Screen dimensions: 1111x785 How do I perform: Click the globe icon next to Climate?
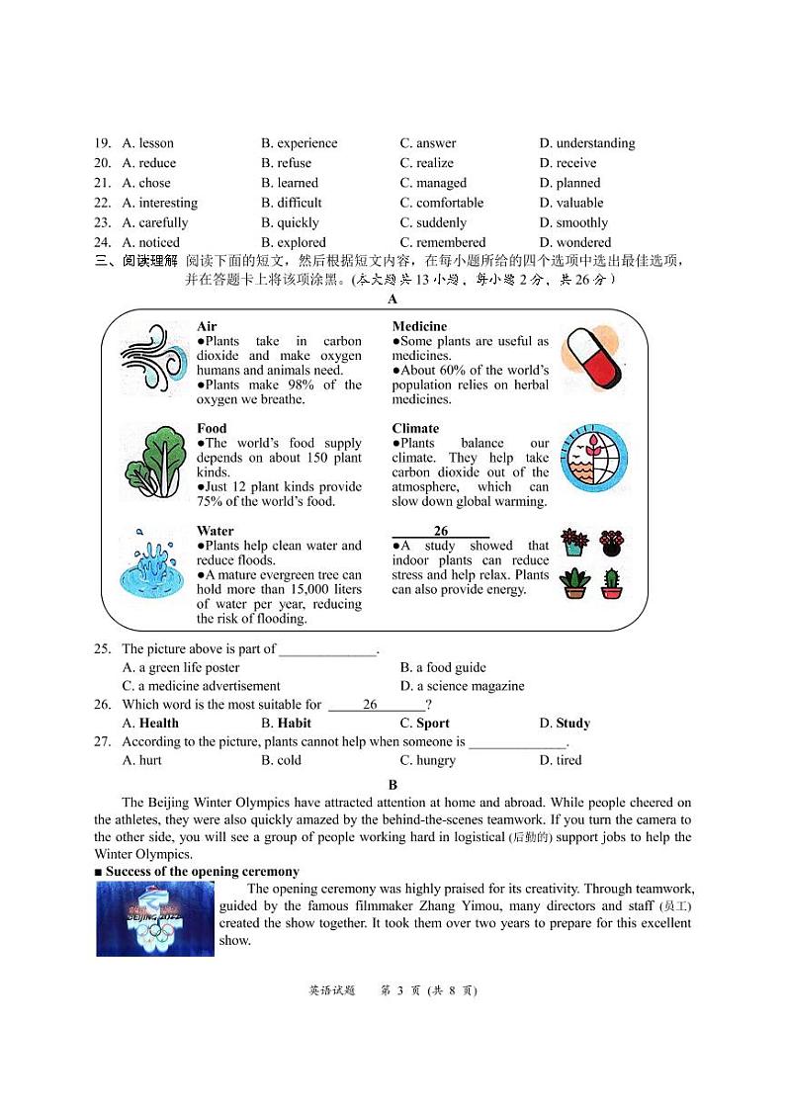click(x=594, y=459)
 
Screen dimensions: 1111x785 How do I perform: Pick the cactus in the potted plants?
click(x=612, y=583)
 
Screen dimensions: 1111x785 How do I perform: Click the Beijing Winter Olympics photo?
click(x=155, y=919)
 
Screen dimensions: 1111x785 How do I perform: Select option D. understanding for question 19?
click(x=587, y=143)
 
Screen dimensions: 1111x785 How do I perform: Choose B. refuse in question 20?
click(x=286, y=163)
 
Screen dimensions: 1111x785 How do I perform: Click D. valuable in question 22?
click(x=570, y=203)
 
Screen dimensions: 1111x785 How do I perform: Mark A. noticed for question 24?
click(x=150, y=242)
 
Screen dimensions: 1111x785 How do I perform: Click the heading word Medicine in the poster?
click(x=419, y=326)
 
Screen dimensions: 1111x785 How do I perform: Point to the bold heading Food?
click(x=212, y=428)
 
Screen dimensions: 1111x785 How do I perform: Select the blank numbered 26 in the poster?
click(x=441, y=531)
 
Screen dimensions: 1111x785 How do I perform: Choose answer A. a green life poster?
click(x=181, y=667)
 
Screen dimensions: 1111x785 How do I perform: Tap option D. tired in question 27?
click(x=561, y=760)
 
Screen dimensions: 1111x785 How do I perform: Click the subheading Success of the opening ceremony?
click(x=202, y=871)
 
